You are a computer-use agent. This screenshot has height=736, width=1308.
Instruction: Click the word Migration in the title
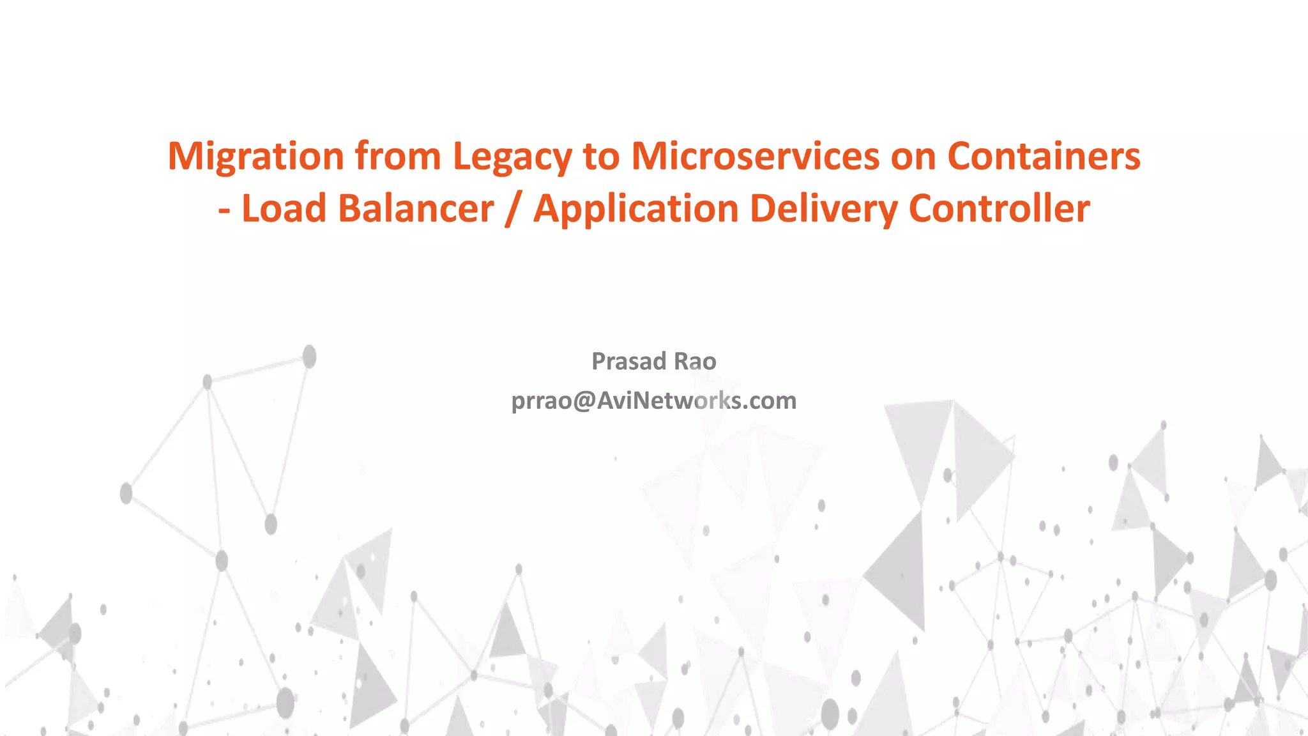coord(255,157)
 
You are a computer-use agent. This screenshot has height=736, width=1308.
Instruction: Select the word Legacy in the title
coord(512,157)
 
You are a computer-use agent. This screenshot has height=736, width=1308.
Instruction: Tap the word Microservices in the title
coord(755,156)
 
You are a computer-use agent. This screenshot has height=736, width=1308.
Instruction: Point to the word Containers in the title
coord(1044,156)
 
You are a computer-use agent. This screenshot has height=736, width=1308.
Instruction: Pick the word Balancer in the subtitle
coord(416,209)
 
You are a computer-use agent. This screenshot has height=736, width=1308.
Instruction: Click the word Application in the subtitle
coord(636,210)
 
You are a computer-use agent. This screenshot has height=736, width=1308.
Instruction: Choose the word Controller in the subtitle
coord(999,209)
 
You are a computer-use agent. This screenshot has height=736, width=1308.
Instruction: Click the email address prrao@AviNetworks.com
coord(654,401)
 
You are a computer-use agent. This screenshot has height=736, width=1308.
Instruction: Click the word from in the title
coord(398,156)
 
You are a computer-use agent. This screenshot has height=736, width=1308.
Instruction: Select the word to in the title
coord(601,157)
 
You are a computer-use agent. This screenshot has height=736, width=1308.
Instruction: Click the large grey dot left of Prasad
coord(309,356)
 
